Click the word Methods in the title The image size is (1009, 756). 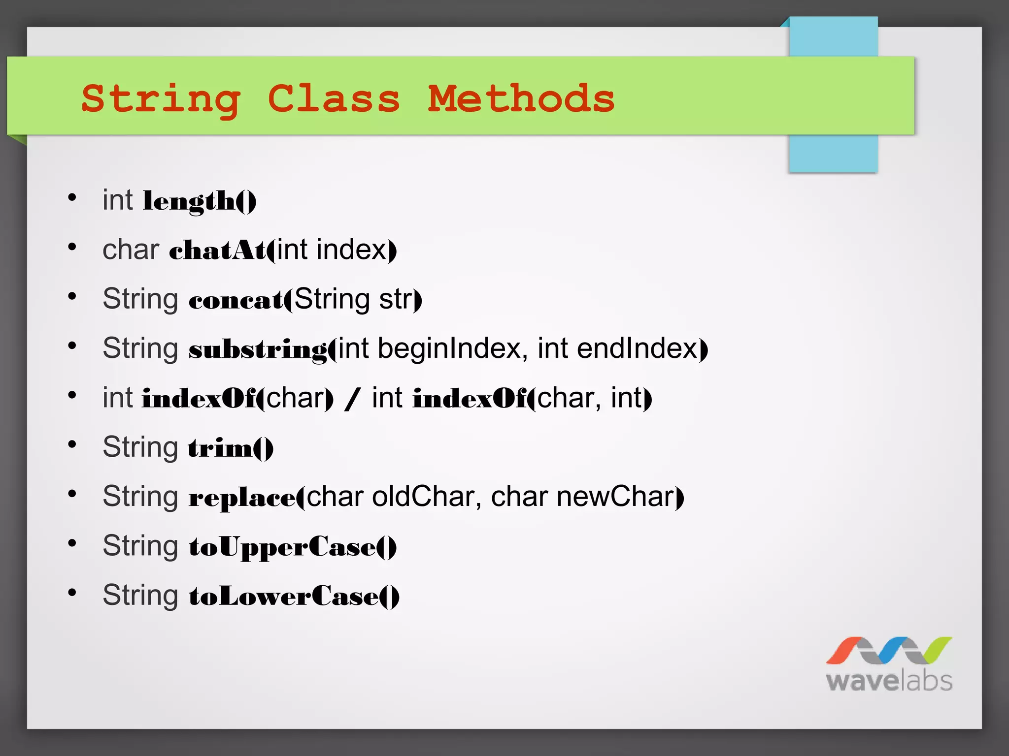pyautogui.click(x=521, y=98)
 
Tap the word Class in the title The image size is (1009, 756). pyautogui.click(x=334, y=98)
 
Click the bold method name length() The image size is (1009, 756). pyautogui.click(x=200, y=201)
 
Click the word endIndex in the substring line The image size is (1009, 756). pyautogui.click(x=640, y=348)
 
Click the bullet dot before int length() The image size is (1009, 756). pyautogui.click(x=72, y=198)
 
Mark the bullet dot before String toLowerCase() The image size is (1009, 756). pyautogui.click(x=72, y=593)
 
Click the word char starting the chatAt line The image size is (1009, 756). pyautogui.click(x=131, y=250)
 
